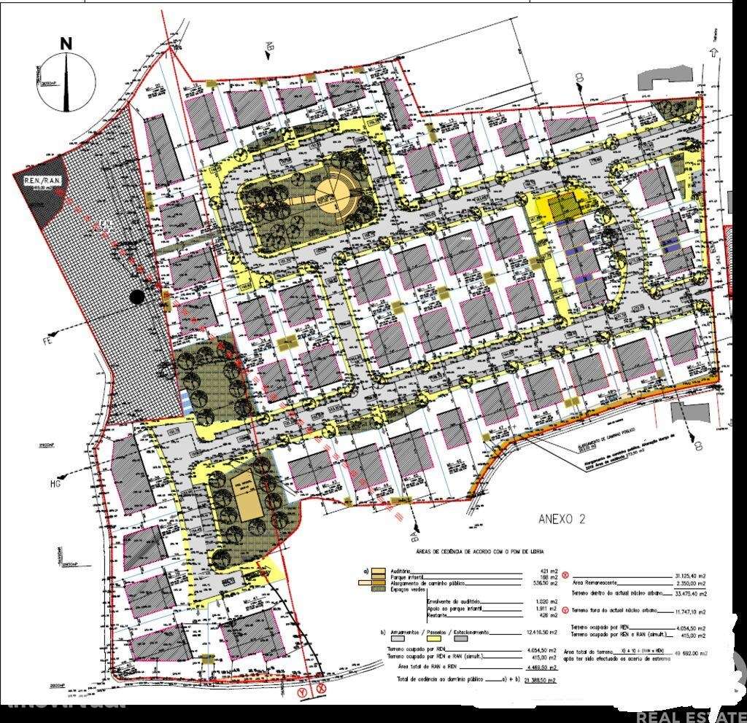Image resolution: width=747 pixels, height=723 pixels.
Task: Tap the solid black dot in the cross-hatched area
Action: [x=136, y=296]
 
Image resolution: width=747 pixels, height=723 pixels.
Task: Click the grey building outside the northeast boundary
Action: [x=664, y=79]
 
